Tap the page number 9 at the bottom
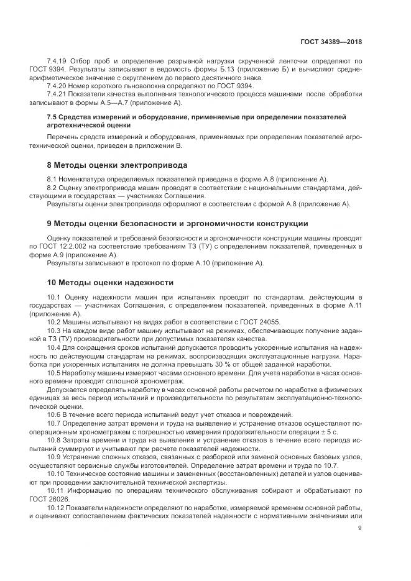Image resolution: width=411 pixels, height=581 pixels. [360, 528]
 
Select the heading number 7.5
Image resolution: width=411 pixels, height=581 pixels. [53, 117]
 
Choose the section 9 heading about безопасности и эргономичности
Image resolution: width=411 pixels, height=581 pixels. [177, 223]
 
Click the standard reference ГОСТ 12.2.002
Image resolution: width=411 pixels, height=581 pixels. [83, 246]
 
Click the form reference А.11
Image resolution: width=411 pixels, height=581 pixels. [351, 307]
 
